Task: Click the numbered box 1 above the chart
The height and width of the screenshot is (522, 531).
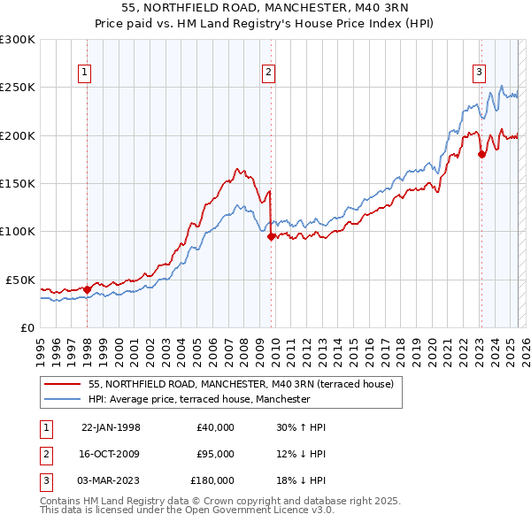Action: (x=85, y=73)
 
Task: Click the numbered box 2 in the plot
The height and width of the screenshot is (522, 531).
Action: (x=268, y=73)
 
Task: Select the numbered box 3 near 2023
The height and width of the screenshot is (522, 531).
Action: (x=478, y=73)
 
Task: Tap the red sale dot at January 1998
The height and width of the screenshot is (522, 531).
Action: (x=87, y=288)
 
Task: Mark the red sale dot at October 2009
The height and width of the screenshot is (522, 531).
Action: (x=271, y=236)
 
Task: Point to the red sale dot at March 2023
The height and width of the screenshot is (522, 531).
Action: (x=481, y=155)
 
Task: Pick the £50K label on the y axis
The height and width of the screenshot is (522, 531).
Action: (x=20, y=280)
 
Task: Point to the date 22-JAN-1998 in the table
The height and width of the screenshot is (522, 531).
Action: (x=111, y=427)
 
